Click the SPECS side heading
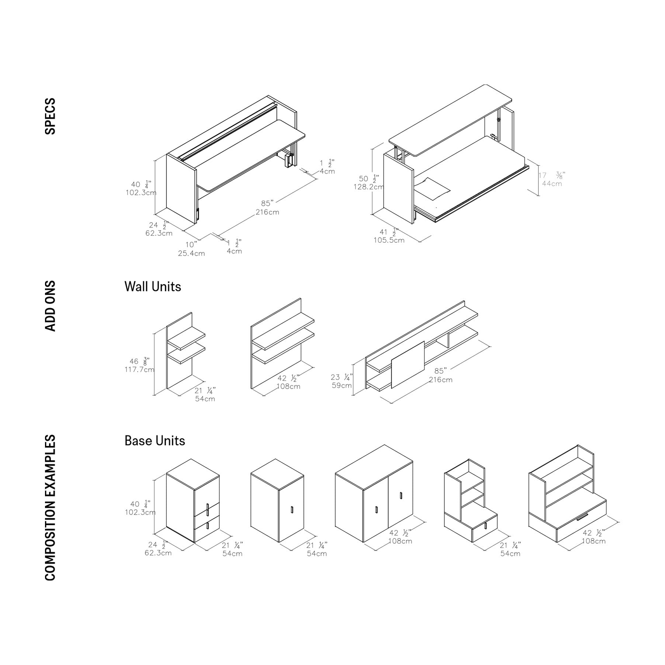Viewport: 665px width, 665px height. click(50, 116)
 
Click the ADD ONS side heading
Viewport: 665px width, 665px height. click(50, 306)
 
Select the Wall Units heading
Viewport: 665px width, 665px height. click(153, 287)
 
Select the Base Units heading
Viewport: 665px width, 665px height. click(155, 441)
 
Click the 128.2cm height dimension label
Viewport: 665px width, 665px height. click(368, 187)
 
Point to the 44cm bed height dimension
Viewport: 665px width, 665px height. click(552, 184)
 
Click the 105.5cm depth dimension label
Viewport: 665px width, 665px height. click(389, 240)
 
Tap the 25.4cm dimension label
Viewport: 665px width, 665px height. click(191, 253)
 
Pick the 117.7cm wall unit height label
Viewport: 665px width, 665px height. click(139, 370)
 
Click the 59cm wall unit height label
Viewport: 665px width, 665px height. click(342, 385)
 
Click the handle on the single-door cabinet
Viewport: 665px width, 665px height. click(292, 510)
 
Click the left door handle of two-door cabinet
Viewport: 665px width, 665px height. click(376, 510)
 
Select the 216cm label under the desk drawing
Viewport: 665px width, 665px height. click(267, 212)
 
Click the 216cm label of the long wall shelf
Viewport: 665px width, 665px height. click(440, 380)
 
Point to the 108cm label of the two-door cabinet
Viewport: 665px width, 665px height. click(400, 541)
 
